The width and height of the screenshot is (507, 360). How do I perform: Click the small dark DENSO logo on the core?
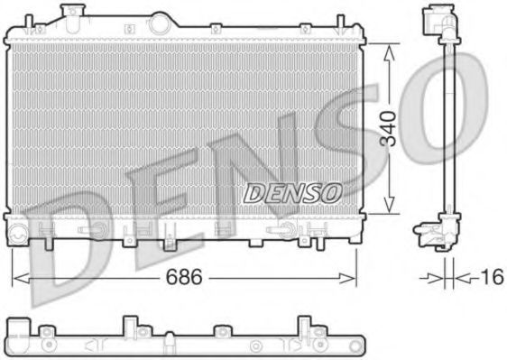[292, 192]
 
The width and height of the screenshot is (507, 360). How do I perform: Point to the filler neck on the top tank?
[67, 13]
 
